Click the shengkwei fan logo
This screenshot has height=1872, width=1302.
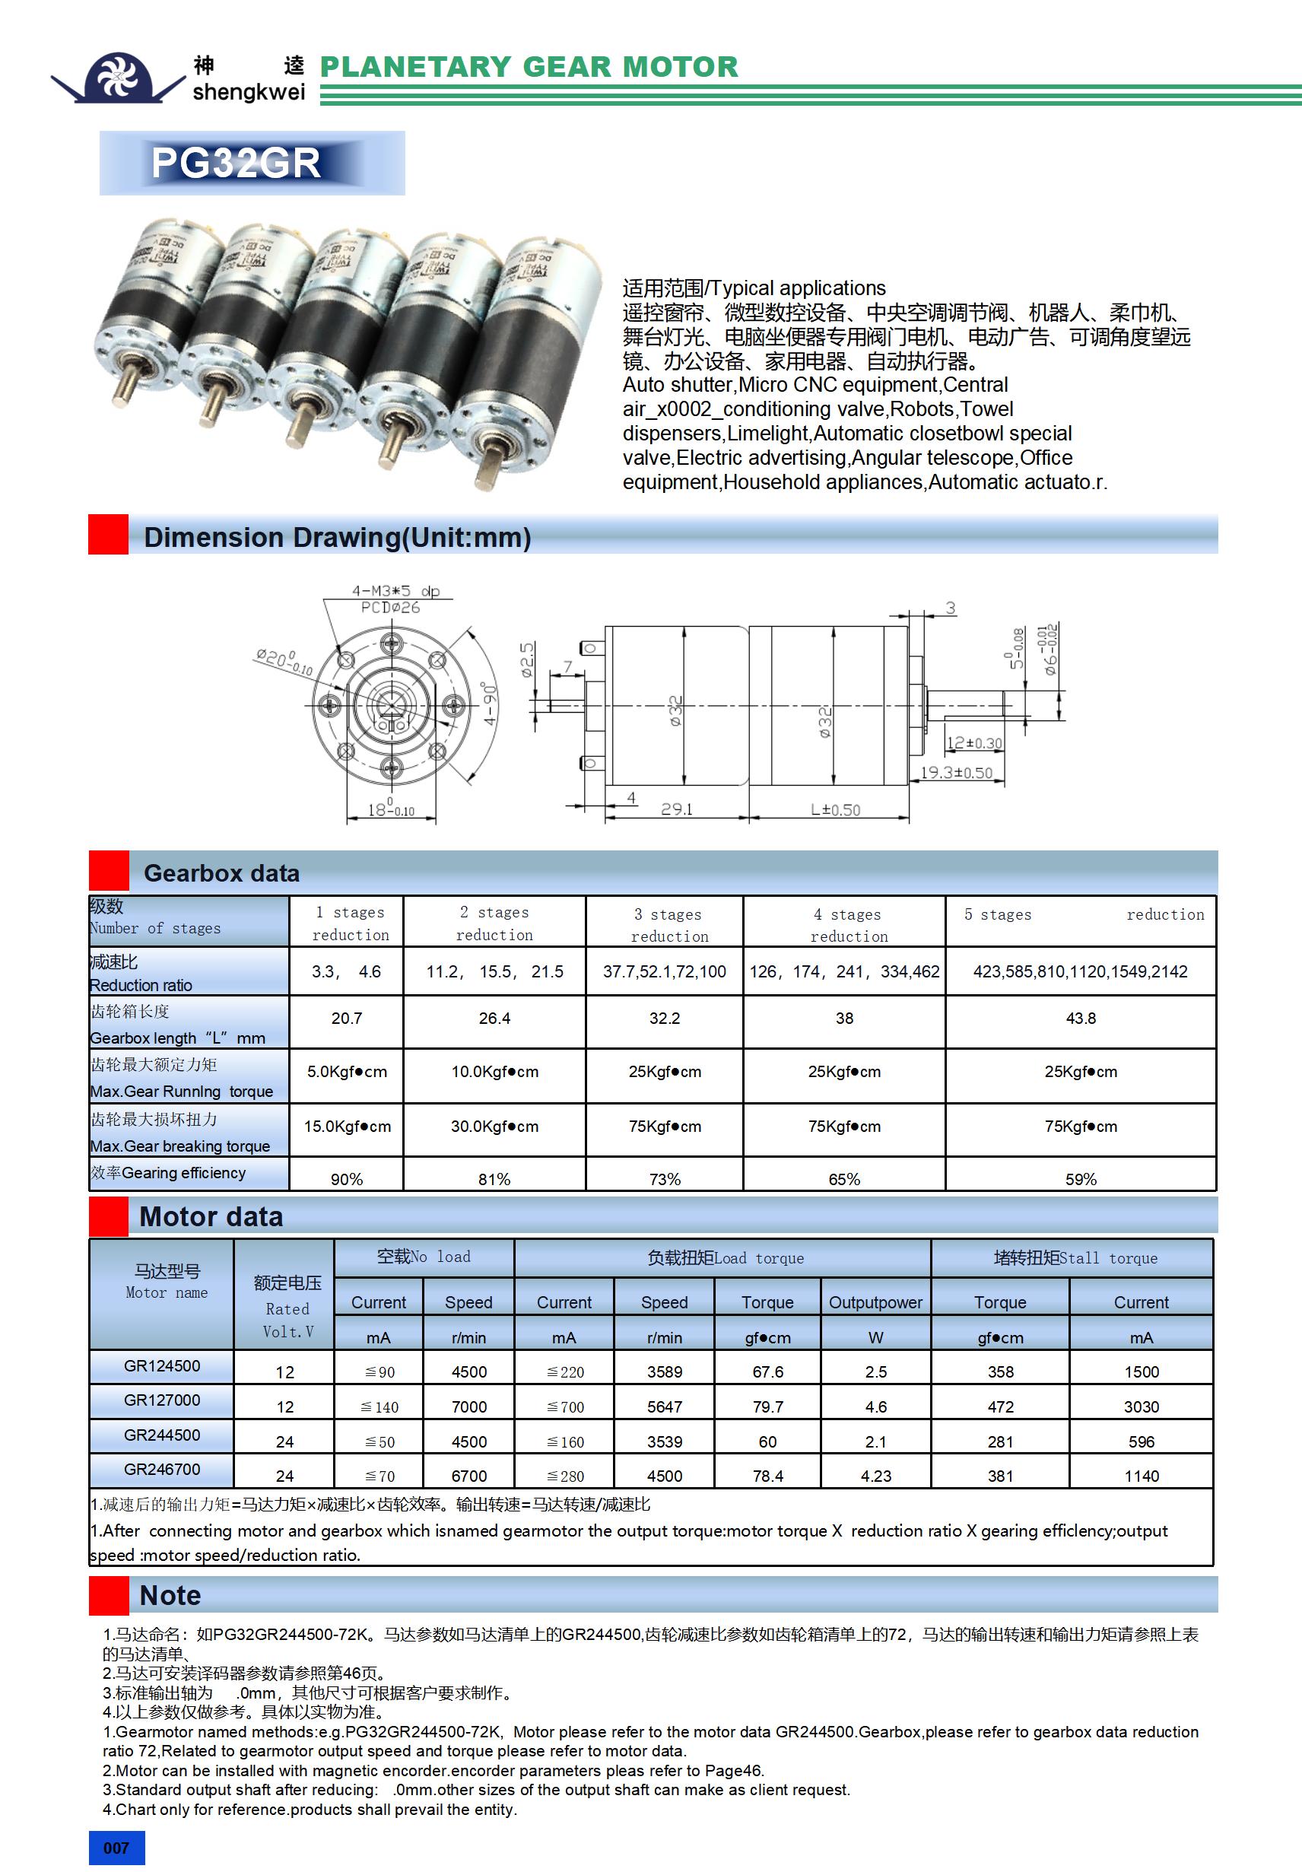click(117, 78)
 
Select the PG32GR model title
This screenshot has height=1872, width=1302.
click(236, 163)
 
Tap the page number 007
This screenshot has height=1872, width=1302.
click(116, 1848)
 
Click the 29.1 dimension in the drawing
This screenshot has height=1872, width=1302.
click(677, 809)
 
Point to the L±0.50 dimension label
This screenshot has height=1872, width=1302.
click(835, 809)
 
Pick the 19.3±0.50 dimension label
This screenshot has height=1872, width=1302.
click(956, 772)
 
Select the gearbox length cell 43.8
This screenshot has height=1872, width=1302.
click(1080, 1019)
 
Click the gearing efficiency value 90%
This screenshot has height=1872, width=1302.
click(347, 1179)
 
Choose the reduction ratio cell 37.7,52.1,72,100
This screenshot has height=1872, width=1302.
click(665, 971)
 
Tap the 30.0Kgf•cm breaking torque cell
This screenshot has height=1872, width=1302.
click(494, 1126)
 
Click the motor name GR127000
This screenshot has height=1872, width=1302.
click(162, 1400)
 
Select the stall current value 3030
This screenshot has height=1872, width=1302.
click(1141, 1406)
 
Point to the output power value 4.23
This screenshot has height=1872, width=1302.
click(875, 1476)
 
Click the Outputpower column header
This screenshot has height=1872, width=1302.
click(875, 1302)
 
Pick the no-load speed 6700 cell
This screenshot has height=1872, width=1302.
click(468, 1476)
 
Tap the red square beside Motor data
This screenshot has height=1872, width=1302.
click(109, 1216)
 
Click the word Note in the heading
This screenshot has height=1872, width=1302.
click(170, 1595)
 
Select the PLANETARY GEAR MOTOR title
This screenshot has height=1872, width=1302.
click(529, 67)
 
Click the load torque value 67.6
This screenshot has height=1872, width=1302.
click(767, 1372)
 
